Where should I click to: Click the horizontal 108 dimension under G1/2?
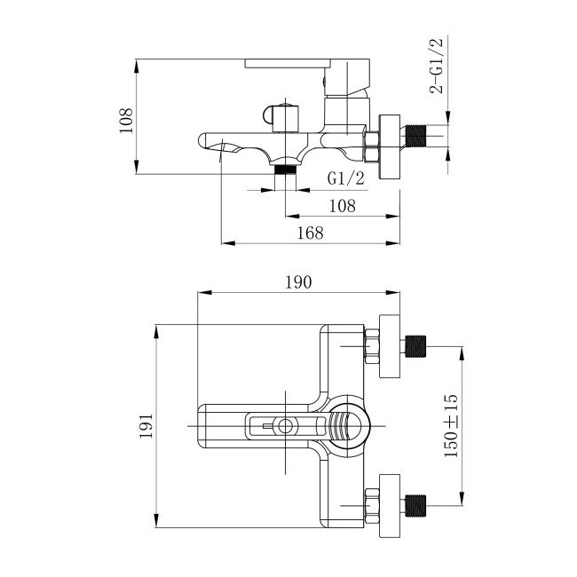(342, 205)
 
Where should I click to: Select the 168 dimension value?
(309, 232)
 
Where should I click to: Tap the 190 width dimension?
(297, 283)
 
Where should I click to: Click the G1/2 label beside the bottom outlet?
(346, 178)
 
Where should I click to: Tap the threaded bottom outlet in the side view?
(285, 169)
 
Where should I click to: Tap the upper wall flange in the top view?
(389, 344)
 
